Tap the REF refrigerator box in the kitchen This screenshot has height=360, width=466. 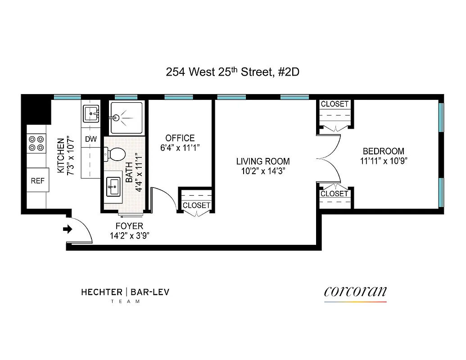pos(38,180)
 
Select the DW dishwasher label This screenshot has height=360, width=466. pos(91,139)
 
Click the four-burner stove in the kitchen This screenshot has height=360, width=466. pos(36,143)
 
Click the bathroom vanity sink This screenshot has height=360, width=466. pos(113,186)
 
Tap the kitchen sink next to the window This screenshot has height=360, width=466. pos(91,115)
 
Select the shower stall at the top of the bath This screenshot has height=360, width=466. pos(127,118)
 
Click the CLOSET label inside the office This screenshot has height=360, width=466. pos(196,205)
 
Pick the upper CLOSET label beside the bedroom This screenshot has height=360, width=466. pos(335,104)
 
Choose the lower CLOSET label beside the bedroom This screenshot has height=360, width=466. pos(335,194)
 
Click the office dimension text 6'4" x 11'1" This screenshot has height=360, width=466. pos(180,148)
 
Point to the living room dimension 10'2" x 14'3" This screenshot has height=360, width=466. pos(263,171)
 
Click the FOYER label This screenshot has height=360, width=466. pos(129,226)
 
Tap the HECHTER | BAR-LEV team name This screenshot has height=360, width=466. pos(125,292)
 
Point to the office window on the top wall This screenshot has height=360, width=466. pos(179,97)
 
